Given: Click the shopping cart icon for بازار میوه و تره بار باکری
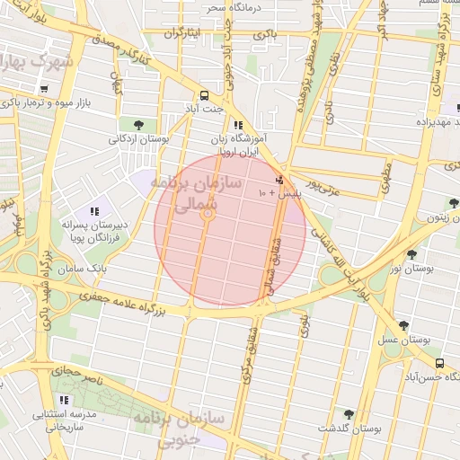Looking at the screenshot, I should coord(43,88).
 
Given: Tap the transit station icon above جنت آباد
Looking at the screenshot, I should coord(205,94).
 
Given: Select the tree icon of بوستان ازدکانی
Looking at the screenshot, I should coord(137,124).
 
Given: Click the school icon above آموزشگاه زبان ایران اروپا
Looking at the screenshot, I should coord(238,126).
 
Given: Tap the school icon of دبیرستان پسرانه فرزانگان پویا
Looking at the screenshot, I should coord(94,211).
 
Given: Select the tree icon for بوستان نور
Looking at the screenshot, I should coord(412,255).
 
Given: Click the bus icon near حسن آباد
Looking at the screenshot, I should coord(439,363).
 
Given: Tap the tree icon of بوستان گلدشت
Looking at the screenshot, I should coord(349,414).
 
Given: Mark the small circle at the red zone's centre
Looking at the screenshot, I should coord(208,214).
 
